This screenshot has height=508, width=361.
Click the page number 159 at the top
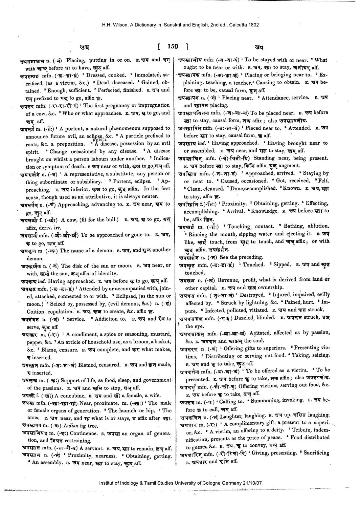point(173,46)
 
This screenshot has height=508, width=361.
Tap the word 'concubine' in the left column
point(73,396)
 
